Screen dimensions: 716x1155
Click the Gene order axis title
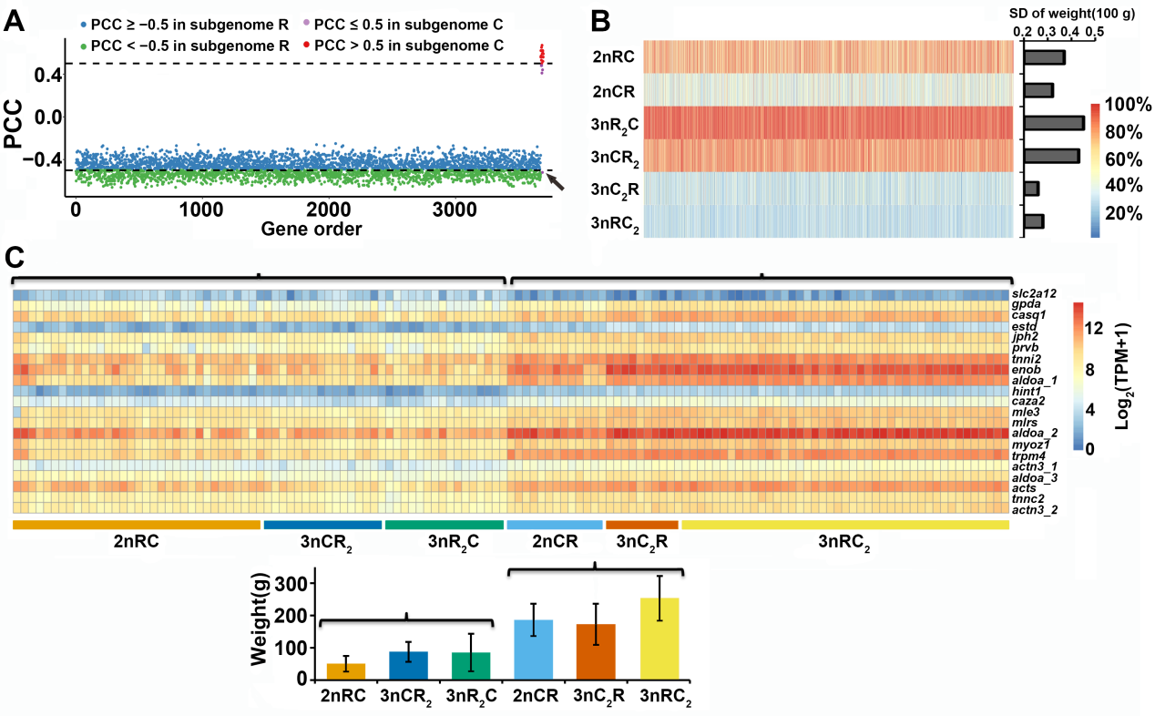(312, 229)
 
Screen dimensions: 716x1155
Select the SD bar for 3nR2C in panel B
(1053, 123)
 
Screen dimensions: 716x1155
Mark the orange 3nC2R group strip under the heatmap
(642, 525)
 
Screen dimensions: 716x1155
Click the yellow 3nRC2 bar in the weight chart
(659, 638)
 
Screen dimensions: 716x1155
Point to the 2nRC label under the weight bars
(343, 697)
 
